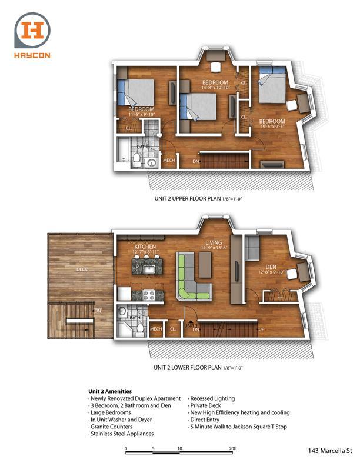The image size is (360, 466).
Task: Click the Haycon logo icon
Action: coord(32,30)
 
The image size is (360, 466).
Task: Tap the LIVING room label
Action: coord(213,242)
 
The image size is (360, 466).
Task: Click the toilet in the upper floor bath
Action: coord(136,159)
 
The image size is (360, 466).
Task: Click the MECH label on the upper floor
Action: coord(168,160)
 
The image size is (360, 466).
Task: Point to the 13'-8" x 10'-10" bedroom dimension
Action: coord(215,88)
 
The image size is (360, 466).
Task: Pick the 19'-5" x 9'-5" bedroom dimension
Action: coord(272,126)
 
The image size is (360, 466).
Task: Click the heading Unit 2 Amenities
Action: coord(109,391)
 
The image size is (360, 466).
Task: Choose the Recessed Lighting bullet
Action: coord(212,398)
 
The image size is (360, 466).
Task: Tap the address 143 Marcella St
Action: coord(329,451)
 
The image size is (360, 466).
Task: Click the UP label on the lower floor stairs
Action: coord(261,329)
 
